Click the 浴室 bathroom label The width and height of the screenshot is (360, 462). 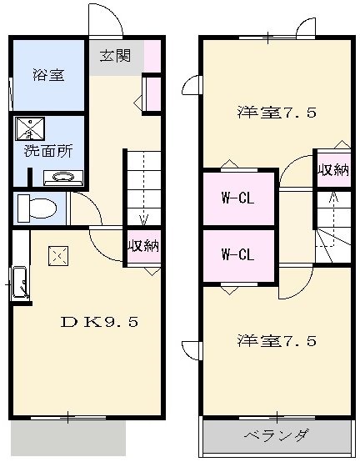[47, 75]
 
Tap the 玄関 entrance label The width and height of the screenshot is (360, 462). [115, 57]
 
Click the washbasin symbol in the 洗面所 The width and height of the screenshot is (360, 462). [57, 177]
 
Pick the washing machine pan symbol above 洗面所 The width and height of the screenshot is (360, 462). [30, 128]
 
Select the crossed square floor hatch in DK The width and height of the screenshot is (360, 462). [57, 255]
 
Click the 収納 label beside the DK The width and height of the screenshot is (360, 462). [142, 246]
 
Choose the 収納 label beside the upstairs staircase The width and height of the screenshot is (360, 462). [332, 169]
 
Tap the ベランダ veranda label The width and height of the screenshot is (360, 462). [277, 435]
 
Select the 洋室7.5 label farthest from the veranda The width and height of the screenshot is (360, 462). [276, 113]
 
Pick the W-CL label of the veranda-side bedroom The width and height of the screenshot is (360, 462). [237, 254]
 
